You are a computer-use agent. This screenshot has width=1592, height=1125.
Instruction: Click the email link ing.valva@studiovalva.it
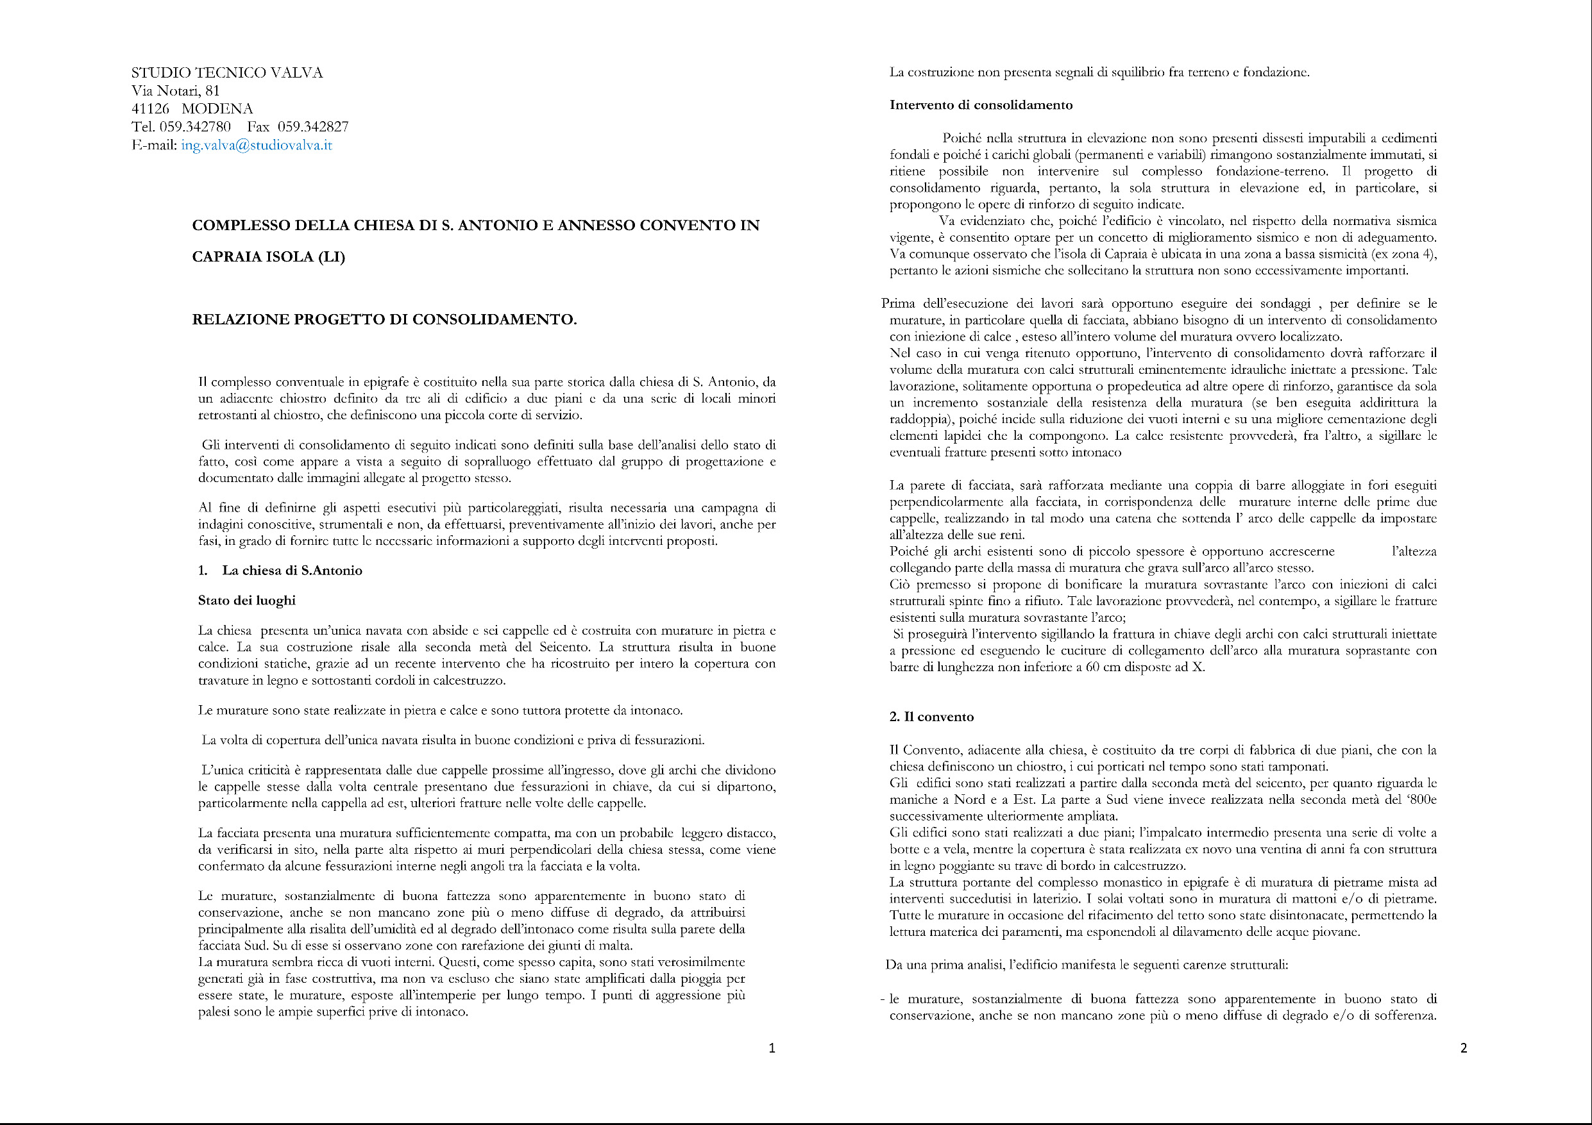257,146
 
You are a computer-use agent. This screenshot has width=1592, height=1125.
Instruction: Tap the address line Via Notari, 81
175,91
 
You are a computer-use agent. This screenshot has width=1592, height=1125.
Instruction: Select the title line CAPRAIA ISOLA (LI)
268,257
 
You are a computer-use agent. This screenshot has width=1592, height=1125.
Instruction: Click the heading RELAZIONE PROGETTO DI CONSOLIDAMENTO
384,319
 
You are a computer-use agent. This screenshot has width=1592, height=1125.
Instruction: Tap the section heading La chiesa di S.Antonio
292,571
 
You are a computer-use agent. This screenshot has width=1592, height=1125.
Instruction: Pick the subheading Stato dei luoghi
247,600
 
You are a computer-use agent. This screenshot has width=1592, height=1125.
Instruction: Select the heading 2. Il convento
931,717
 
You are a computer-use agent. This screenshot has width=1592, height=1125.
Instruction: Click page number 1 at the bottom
772,1048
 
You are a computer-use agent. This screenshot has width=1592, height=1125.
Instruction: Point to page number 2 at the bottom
1464,1048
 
